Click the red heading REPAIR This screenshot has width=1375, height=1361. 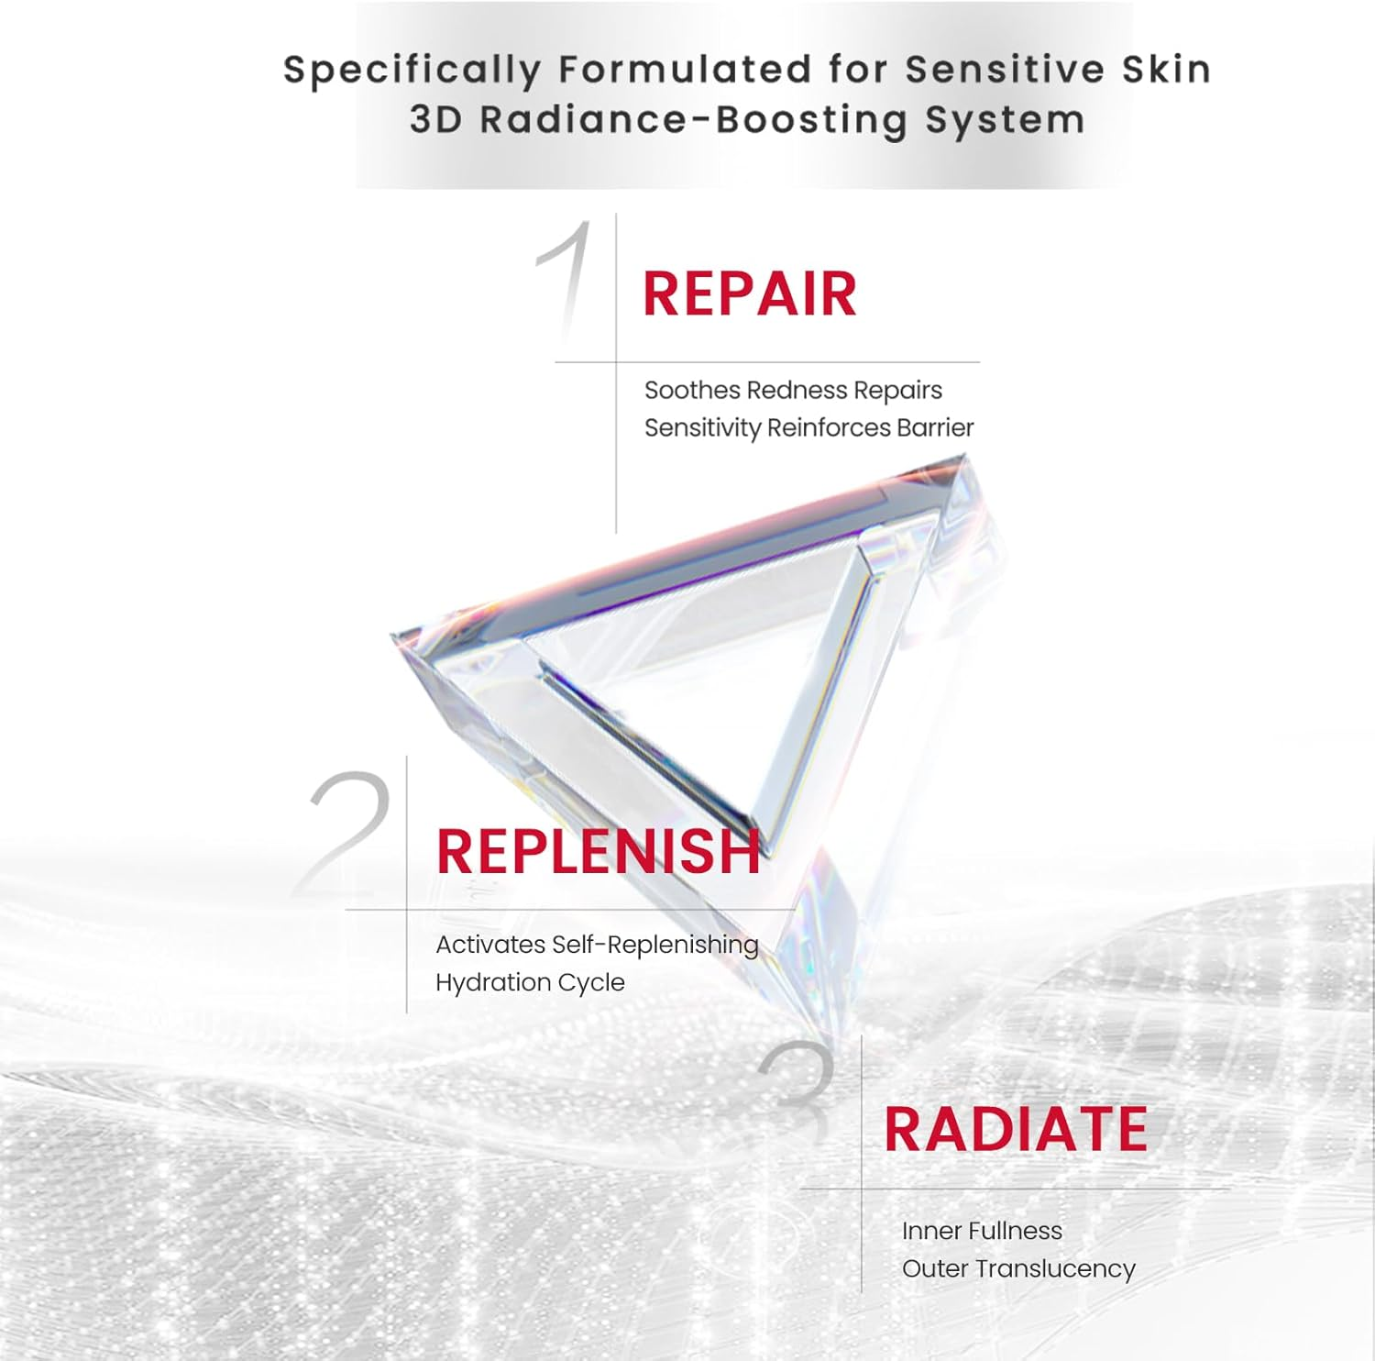pos(749,294)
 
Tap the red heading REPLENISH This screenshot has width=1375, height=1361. pos(598,851)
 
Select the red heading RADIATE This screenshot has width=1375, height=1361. pos(1016,1129)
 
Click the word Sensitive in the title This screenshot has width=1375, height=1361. pos(1006,70)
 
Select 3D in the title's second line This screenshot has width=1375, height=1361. pos(436,120)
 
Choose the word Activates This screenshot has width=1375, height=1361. pos(490,945)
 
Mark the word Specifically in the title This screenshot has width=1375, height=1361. pos(412,71)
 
